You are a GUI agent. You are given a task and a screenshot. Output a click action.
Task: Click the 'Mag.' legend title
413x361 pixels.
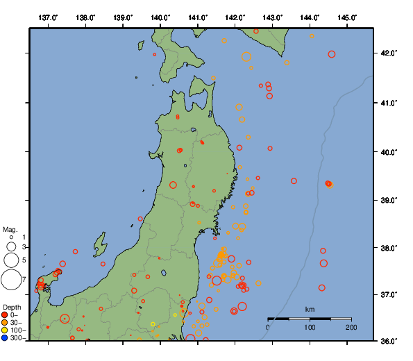(10, 229)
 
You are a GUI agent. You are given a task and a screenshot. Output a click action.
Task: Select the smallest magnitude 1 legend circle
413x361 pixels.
(11, 237)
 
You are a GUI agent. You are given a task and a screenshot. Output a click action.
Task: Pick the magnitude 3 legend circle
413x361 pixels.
(11, 247)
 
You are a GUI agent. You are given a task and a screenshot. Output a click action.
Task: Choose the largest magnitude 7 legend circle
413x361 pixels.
(11, 280)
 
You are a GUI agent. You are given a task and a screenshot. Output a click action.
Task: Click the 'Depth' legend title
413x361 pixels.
(12, 307)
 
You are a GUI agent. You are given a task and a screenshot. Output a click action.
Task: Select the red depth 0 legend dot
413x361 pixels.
(5, 315)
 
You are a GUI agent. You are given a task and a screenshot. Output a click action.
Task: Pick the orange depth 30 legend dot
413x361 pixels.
(5, 323)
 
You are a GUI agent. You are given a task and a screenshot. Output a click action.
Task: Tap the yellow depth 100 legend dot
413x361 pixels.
(5, 330)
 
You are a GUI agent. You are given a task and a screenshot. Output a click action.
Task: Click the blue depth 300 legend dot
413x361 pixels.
(5, 338)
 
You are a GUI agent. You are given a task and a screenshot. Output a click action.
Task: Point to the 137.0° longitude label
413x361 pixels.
(48, 17)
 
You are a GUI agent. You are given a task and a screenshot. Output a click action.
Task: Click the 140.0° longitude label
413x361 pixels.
(160, 17)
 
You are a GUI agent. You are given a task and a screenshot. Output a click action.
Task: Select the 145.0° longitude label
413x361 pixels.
(347, 17)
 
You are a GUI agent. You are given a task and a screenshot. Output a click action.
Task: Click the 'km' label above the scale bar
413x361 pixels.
(310, 309)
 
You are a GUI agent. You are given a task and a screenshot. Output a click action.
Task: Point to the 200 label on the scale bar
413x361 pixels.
(351, 327)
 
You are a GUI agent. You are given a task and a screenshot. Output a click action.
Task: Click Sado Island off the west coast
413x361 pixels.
(101, 244)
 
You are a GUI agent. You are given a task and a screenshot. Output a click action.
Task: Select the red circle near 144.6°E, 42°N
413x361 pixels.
(332, 54)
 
